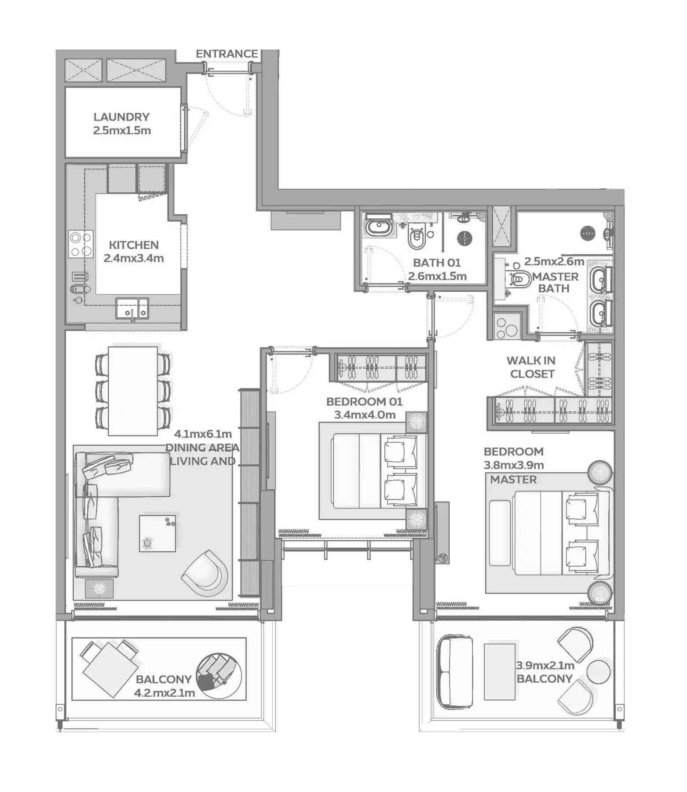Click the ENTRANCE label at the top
click(227, 54)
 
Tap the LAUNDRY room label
click(121, 117)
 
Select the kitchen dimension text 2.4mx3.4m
click(134, 258)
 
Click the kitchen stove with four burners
click(81, 244)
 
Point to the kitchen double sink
click(132, 308)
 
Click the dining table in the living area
click(133, 391)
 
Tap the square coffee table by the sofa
click(157, 533)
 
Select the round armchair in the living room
click(205, 572)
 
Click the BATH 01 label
click(437, 263)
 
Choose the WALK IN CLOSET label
click(531, 367)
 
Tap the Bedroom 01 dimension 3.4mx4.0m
click(365, 414)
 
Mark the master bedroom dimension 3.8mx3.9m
click(514, 465)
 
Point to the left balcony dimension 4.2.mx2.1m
click(164, 693)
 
